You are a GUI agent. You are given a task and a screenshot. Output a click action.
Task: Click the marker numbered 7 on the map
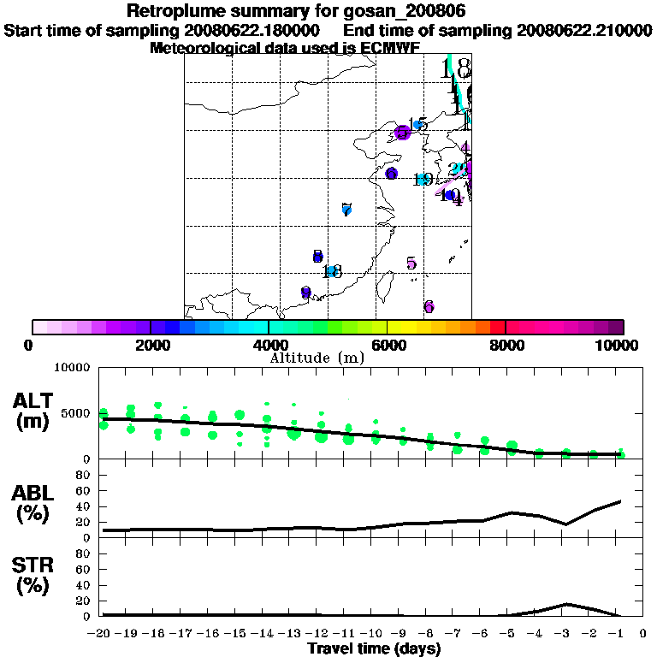346,210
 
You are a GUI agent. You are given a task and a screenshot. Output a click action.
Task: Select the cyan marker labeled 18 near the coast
331,272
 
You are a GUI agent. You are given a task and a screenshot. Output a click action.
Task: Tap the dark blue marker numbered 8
317,257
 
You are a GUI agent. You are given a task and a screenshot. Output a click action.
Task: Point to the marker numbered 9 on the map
305,293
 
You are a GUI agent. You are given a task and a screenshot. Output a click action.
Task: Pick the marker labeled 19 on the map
422,180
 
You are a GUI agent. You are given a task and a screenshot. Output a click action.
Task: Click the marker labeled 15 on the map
417,125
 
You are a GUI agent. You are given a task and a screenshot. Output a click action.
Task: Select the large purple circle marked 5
401,133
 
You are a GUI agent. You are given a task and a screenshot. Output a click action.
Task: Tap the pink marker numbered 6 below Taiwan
429,306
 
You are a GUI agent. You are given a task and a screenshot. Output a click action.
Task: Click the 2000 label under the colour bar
150,346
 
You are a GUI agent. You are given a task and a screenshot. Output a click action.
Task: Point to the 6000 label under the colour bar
387,346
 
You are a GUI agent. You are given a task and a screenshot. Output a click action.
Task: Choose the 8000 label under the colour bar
505,346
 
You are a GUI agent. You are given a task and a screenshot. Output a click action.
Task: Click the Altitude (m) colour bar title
317,358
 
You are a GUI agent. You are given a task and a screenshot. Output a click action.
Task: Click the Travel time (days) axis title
374,648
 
